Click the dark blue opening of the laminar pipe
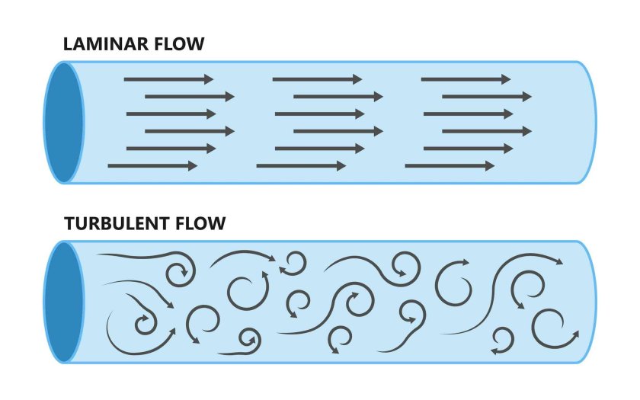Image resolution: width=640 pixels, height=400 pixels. point(63,122)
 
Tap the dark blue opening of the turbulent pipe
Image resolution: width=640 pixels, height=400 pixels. point(63,302)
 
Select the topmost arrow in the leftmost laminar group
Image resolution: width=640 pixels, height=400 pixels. point(168,79)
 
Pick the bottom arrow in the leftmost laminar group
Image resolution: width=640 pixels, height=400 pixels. point(152,165)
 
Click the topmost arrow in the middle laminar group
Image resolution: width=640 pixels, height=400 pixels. point(317,79)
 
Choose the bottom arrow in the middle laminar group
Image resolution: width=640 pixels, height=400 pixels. point(301,165)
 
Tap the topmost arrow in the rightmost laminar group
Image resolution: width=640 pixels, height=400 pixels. point(466,79)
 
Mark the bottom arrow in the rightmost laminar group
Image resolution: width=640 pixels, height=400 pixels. point(450,165)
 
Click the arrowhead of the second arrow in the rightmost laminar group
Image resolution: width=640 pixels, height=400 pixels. point(527,97)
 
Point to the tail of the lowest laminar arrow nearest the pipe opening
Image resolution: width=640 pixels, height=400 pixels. point(110,165)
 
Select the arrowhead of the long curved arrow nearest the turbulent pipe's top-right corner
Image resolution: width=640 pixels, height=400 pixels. point(560,262)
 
